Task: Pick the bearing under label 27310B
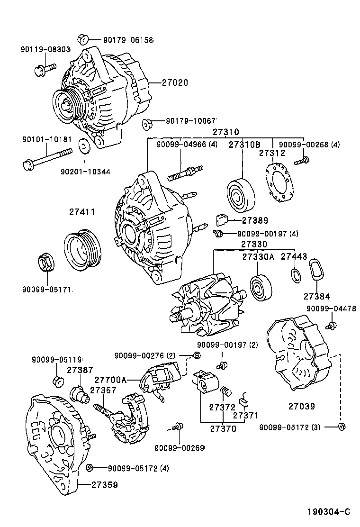point(242,195)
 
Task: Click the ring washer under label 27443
point(295,274)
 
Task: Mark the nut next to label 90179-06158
point(81,39)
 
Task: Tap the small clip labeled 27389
point(222,220)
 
